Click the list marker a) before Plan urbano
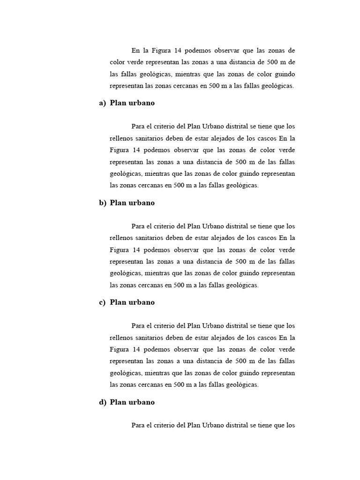102,103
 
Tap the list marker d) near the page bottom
102,402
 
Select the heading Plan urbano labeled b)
132,203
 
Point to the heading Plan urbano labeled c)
132,302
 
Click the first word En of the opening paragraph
135,51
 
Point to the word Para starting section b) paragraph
138,226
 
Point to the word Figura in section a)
119,150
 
